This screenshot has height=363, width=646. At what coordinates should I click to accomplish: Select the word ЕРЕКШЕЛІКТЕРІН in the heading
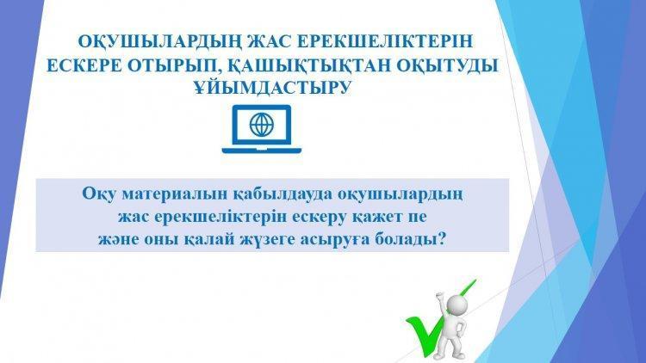(385, 41)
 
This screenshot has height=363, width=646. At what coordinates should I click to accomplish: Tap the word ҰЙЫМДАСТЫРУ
(273, 88)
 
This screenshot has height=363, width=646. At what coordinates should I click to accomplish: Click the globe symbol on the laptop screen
(262, 124)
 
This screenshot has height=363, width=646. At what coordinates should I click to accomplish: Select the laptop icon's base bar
(262, 151)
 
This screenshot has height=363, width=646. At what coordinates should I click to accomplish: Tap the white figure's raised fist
(439, 297)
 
